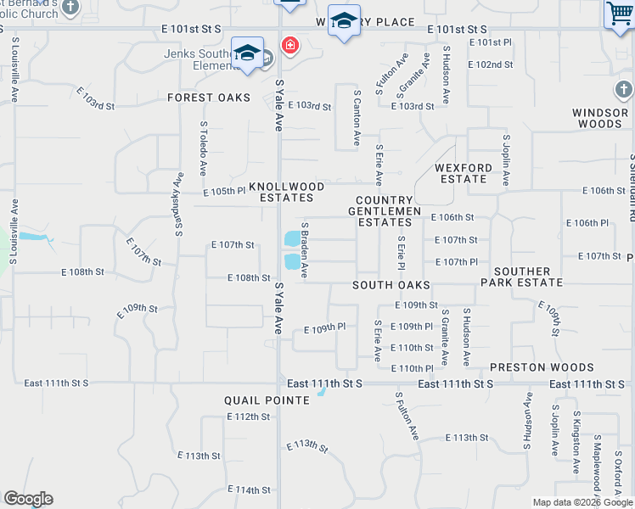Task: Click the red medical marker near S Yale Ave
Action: (x=290, y=45)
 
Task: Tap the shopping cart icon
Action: (x=620, y=14)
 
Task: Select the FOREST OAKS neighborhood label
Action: (x=209, y=98)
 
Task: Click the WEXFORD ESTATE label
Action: (x=464, y=174)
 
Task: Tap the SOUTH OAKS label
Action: (x=391, y=286)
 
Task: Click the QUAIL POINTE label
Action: (x=266, y=400)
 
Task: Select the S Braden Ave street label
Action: (x=304, y=250)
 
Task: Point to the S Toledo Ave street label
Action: (x=204, y=148)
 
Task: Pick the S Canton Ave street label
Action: (x=357, y=118)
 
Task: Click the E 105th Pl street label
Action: (x=223, y=192)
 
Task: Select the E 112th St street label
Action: (x=249, y=417)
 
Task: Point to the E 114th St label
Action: (x=249, y=489)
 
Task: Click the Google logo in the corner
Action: (x=28, y=499)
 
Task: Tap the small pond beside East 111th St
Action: (x=321, y=391)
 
